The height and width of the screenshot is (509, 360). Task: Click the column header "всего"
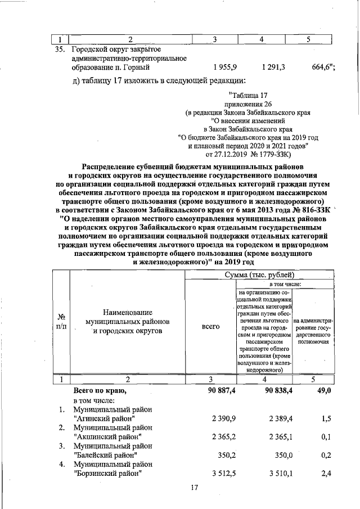click(x=210, y=326)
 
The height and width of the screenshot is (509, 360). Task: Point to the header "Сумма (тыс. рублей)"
click(x=259, y=274)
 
